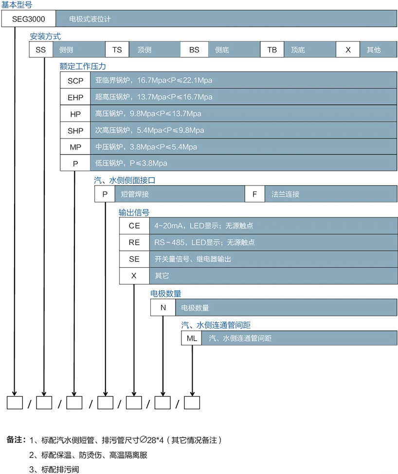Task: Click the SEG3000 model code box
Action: [x=29, y=19]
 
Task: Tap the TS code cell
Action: [x=117, y=50]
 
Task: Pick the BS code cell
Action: [x=194, y=50]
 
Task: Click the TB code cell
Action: [x=272, y=50]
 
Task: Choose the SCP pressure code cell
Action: [x=75, y=80]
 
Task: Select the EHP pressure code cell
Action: [x=75, y=97]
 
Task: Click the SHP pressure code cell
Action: [x=75, y=130]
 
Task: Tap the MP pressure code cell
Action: [x=75, y=147]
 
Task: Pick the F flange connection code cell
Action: [x=254, y=194]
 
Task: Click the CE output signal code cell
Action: [x=134, y=226]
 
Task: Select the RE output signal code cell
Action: [x=134, y=242]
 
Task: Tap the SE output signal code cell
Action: [x=134, y=259]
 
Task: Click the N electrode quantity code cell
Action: [x=163, y=308]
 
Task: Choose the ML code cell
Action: [x=192, y=338]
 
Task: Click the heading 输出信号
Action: [x=134, y=212]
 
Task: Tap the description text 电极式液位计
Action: [x=90, y=20]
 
